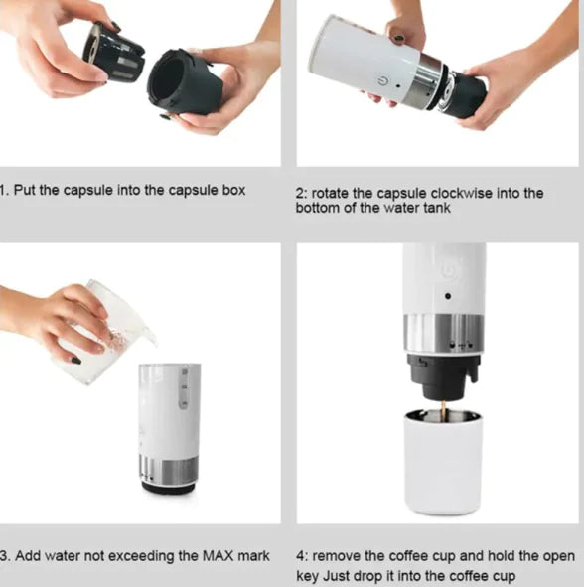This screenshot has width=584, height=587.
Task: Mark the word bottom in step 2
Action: pyautogui.click(x=318, y=209)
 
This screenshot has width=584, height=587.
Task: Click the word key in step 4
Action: pyautogui.click(x=310, y=576)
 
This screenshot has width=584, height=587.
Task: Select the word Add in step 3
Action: pyautogui.click(x=28, y=555)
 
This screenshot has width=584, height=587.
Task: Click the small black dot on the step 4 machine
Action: pyautogui.click(x=447, y=295)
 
